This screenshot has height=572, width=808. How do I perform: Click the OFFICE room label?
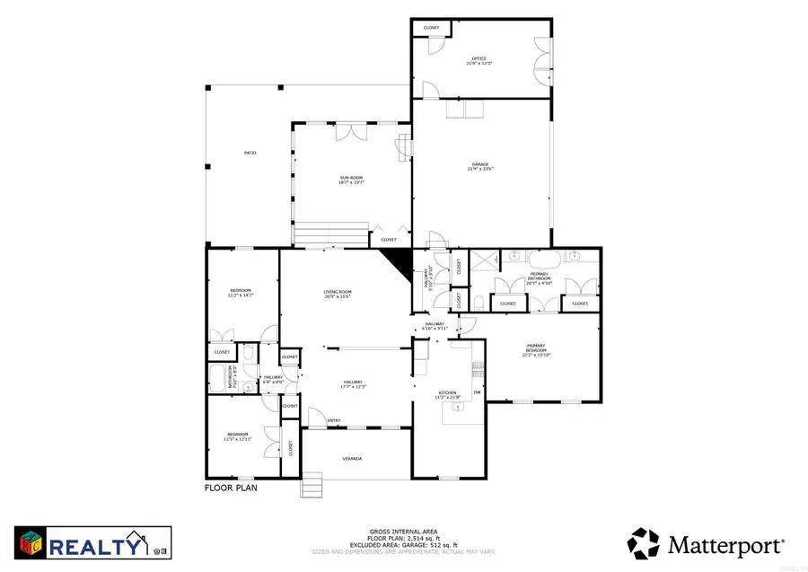click(479, 59)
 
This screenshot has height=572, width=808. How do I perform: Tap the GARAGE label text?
click(479, 164)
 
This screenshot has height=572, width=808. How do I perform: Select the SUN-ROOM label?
click(351, 178)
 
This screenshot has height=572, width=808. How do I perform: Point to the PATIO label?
click(250, 154)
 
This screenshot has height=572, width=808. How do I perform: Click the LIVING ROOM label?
click(338, 292)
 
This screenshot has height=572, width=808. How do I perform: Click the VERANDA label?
click(352, 459)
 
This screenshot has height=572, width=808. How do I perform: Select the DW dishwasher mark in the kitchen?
click(478, 392)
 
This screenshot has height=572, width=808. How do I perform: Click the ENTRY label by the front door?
click(334, 420)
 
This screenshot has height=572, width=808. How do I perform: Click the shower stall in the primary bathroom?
click(486, 260)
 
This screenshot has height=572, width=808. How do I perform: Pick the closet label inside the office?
click(432, 28)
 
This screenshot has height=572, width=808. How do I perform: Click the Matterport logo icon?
click(643, 542)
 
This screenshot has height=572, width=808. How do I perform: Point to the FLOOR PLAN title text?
click(232, 488)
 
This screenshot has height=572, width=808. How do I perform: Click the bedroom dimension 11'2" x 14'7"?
click(241, 295)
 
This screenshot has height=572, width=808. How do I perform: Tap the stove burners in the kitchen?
click(478, 366)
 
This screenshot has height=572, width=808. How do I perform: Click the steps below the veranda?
click(311, 486)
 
